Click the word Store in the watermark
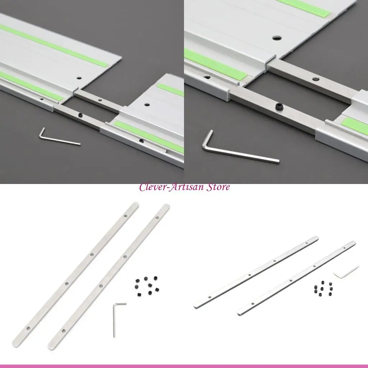coord(218,187)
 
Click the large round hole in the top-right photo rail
coord(277,37)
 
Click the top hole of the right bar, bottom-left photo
coord(157,217)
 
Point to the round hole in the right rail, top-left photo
coord(147,104)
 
